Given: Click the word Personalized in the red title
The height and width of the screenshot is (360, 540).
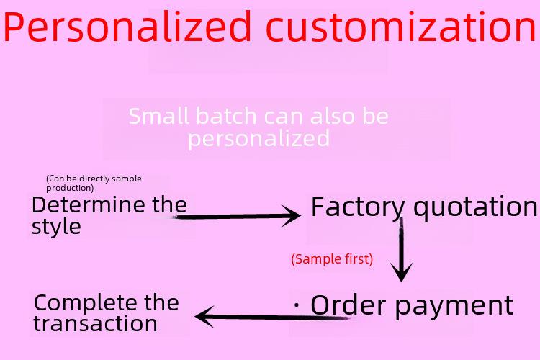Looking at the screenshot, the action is [127, 27].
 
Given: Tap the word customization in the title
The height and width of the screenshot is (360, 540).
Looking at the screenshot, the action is [401, 26].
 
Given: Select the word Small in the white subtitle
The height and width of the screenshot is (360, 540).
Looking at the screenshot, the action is [159, 116].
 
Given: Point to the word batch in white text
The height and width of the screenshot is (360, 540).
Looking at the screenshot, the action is [227, 116].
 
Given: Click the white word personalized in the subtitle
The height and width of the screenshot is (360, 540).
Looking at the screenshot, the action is [258, 139].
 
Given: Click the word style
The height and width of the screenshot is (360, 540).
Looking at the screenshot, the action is [56, 227].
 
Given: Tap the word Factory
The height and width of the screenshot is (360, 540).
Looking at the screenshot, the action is [357, 207].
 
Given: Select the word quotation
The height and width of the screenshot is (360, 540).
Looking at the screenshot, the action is [475, 207].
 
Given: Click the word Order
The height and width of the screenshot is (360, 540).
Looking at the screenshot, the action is [348, 305].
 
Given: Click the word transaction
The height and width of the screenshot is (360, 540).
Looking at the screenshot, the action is [95, 324].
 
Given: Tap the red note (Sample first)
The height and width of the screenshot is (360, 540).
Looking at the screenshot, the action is [332, 259].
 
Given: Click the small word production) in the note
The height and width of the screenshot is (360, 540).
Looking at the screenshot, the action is [70, 188].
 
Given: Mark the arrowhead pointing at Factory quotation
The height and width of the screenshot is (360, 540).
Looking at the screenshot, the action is [292, 216].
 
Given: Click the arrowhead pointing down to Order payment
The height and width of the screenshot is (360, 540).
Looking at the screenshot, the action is [401, 273].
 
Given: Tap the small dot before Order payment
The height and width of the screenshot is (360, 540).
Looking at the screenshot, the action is [297, 305].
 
